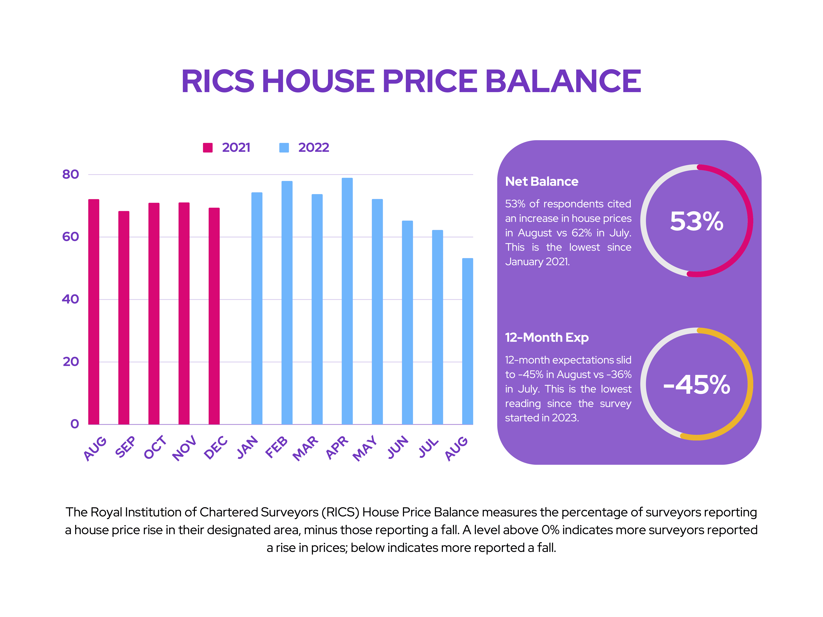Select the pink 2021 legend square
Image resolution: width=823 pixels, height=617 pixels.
[208, 148]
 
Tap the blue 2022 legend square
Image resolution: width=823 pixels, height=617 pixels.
[284, 148]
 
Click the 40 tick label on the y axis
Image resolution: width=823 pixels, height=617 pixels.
[70, 299]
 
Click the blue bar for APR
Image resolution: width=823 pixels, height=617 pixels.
[347, 301]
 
